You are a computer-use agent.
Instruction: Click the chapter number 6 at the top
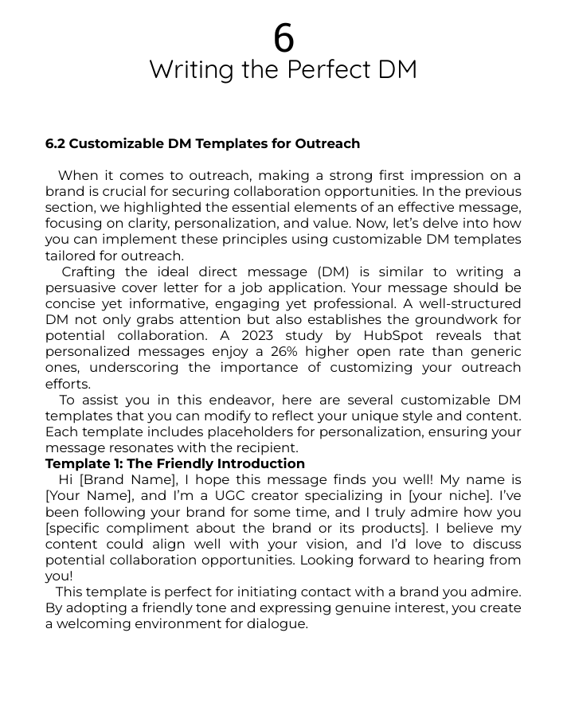[x=283, y=38]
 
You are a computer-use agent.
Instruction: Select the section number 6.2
[x=55, y=144]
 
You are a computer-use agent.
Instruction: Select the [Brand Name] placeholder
[x=127, y=480]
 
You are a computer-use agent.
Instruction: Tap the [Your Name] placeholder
[x=83, y=496]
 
